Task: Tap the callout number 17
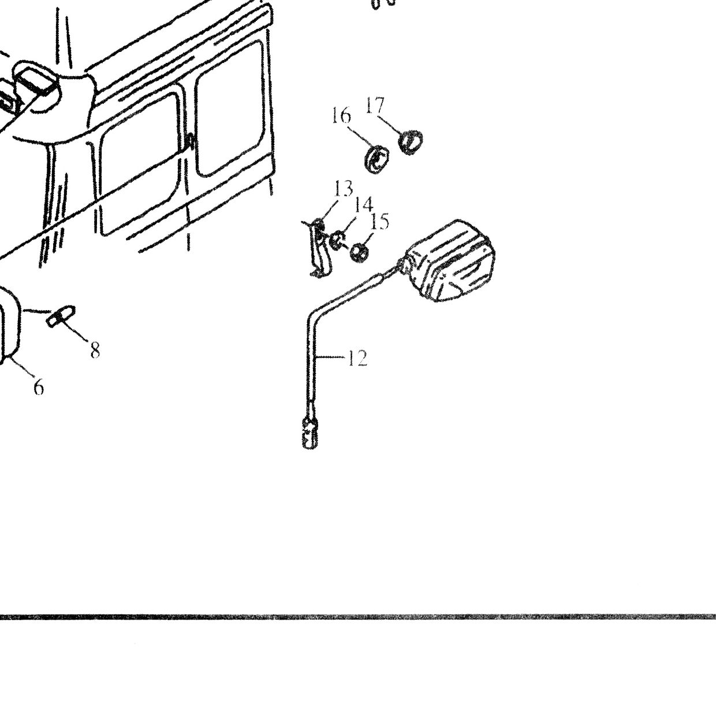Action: coord(375,106)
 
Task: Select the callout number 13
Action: coord(344,189)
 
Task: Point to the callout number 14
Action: coord(363,204)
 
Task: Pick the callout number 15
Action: coord(379,222)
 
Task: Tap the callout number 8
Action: coord(95,350)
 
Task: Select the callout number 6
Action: coord(39,387)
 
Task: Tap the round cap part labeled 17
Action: coord(410,141)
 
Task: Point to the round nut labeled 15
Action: coord(359,253)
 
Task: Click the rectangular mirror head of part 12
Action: coord(450,260)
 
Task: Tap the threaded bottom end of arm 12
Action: coord(311,432)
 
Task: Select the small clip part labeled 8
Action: coord(61,316)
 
